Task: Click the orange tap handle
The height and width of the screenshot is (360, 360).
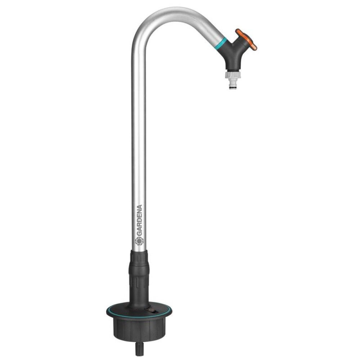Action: click(246, 39)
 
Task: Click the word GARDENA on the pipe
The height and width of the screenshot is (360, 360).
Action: click(139, 221)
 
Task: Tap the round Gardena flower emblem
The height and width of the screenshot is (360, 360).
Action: click(139, 242)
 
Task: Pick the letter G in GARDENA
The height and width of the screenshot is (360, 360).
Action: click(139, 234)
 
